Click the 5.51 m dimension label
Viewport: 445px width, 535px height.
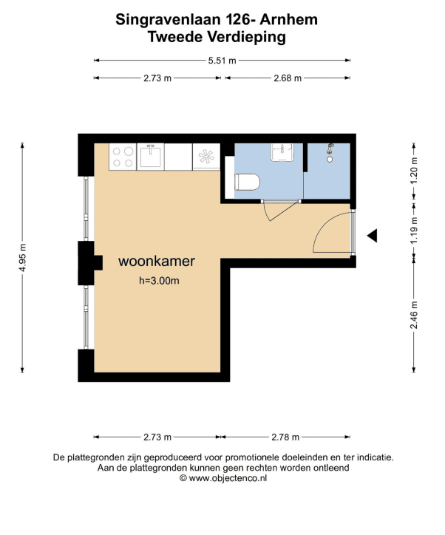[x=222, y=61]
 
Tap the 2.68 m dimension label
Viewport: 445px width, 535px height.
[x=288, y=78]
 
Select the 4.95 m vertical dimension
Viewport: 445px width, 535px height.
[x=22, y=258]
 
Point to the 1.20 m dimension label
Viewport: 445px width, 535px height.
[x=414, y=171]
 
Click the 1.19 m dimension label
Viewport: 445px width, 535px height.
[x=414, y=231]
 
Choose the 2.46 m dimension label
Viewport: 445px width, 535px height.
[x=414, y=315]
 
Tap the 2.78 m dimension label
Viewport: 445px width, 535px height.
[x=285, y=437]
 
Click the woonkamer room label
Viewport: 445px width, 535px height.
[x=157, y=261]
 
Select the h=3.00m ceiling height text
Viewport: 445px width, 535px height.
[x=159, y=281]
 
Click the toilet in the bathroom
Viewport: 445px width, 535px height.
[x=247, y=182]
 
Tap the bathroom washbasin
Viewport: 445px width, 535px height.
[x=282, y=152]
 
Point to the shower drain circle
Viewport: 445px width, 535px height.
[x=330, y=160]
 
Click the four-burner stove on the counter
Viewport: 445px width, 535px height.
[x=123, y=157]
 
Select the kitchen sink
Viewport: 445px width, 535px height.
[x=151, y=157]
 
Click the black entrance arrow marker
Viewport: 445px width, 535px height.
[x=373, y=236]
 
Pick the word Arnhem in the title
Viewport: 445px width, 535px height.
[x=289, y=19]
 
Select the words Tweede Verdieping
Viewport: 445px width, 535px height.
[x=217, y=37]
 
